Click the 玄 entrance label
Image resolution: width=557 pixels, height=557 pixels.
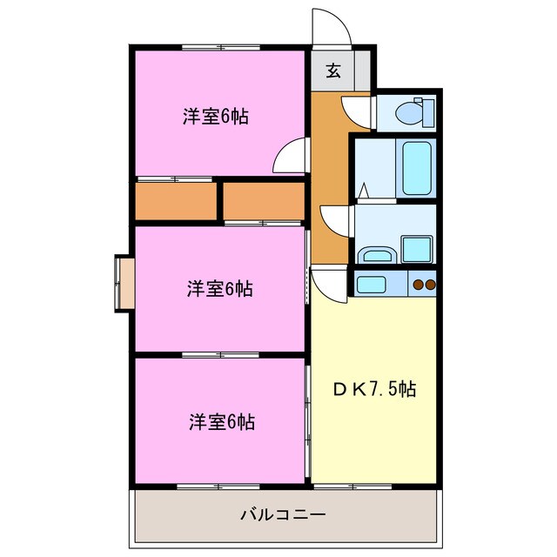click(333, 71)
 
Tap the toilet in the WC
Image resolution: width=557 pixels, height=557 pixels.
click(409, 112)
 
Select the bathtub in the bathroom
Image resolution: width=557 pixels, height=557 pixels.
click(416, 168)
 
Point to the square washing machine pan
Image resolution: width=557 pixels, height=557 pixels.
click(417, 249)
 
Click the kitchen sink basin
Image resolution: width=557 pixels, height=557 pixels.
click(372, 284)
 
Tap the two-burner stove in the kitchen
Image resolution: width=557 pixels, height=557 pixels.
click(423, 284)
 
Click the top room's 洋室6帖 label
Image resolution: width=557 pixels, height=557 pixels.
click(215, 117)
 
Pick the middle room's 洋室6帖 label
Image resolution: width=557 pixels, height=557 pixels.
click(219, 289)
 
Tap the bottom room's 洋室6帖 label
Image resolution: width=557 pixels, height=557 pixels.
click(222, 422)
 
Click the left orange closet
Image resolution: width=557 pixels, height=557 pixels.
click(175, 201)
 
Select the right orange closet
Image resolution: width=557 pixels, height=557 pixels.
click(264, 201)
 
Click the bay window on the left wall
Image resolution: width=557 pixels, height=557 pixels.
click(124, 281)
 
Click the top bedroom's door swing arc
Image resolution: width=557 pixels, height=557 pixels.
click(289, 158)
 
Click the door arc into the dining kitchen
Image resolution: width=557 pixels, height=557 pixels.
click(330, 284)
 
